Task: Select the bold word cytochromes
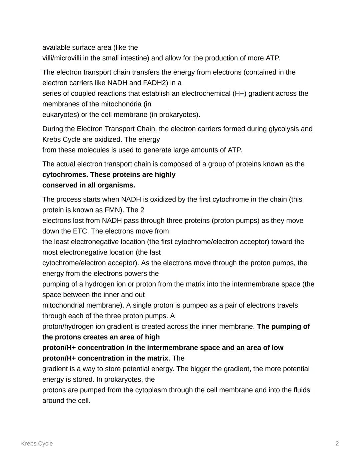click(65, 174)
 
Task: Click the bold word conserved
click(59, 185)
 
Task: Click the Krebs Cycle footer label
click(37, 443)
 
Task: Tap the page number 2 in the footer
click(337, 443)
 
